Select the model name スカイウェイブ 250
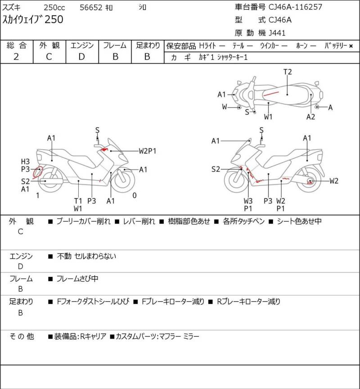(33, 19)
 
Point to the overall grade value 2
(16, 57)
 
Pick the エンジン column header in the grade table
(81, 45)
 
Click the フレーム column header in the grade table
(115, 45)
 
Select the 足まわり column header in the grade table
(148, 45)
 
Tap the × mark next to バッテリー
(351, 46)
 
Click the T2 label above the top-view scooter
(288, 72)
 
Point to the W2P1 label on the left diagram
(147, 151)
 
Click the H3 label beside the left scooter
(25, 162)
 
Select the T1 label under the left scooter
(78, 201)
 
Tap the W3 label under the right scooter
(248, 201)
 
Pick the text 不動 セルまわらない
(86, 257)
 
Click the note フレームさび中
(77, 279)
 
